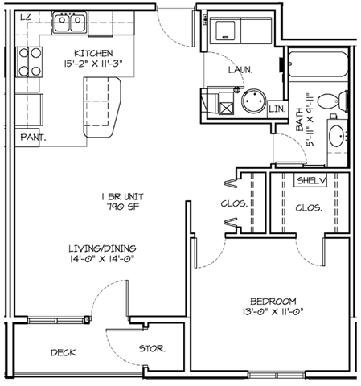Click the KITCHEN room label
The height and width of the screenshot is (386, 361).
click(x=93, y=53)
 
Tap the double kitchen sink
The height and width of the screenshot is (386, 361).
click(x=70, y=23)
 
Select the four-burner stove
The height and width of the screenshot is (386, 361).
click(x=29, y=62)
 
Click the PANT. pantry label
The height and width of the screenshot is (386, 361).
click(x=33, y=138)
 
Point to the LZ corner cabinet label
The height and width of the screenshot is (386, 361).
click(x=26, y=18)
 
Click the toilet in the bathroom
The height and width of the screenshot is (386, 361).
click(x=333, y=101)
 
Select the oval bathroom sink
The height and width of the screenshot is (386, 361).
click(x=337, y=136)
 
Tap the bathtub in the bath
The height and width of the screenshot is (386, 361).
click(x=318, y=64)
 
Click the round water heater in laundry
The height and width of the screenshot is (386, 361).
click(x=253, y=101)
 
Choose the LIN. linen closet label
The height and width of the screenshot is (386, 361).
click(x=277, y=109)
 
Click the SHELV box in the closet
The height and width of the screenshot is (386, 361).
click(x=311, y=181)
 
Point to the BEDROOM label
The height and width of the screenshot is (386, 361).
click(x=273, y=302)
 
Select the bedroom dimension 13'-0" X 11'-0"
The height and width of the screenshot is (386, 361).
click(x=273, y=312)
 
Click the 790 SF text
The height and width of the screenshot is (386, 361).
click(x=123, y=207)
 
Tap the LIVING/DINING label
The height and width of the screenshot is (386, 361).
click(x=102, y=248)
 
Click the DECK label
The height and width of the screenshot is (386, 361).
click(x=64, y=352)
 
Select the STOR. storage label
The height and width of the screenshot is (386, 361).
click(x=152, y=349)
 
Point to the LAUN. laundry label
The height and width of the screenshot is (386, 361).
click(x=240, y=70)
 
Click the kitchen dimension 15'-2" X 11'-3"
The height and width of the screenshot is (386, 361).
click(x=93, y=64)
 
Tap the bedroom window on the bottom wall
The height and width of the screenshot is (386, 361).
click(x=277, y=375)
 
